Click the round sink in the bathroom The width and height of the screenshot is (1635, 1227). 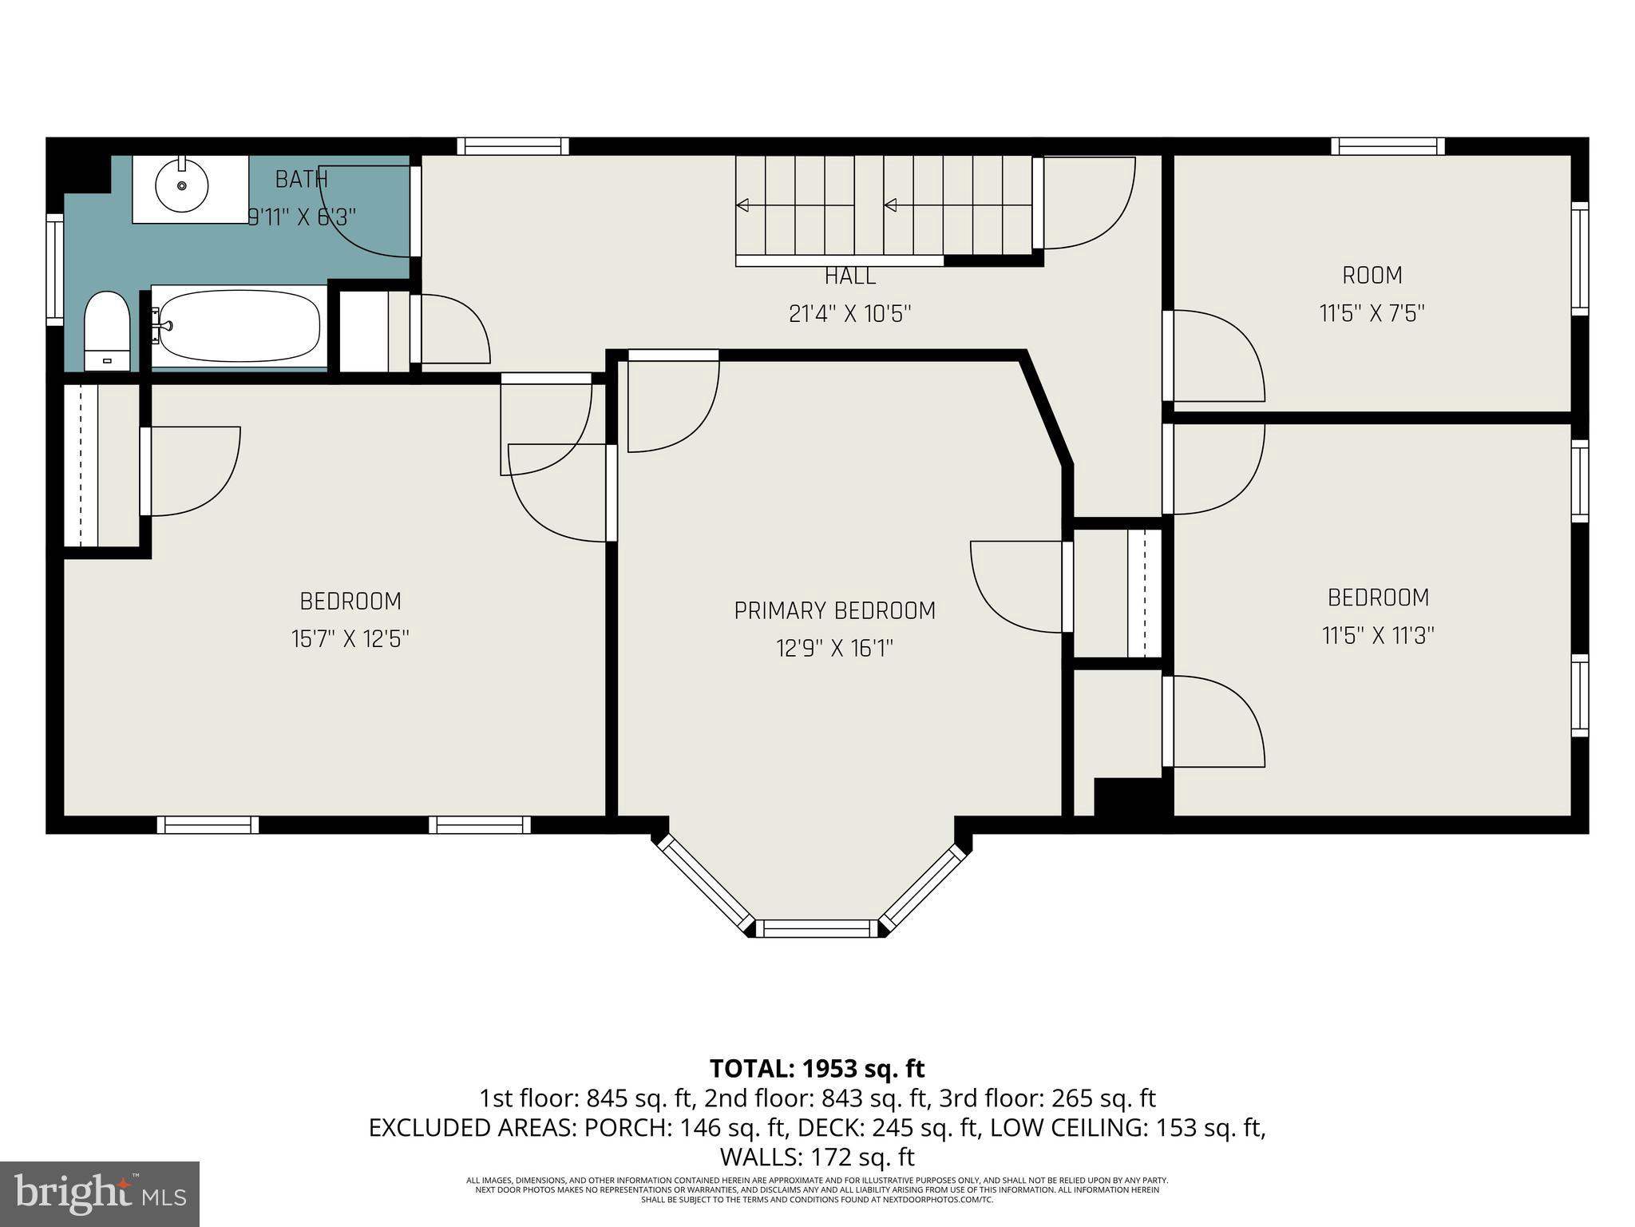pos(182,186)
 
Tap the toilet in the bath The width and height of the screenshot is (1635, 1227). pos(107,331)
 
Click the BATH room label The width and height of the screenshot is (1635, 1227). pos(301,180)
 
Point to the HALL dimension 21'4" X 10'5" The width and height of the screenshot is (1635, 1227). pos(849,314)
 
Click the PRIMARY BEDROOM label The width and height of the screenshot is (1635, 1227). pos(834,611)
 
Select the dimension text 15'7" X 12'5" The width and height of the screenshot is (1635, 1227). pos(350,639)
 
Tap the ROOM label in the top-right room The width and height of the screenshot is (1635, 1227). pos(1372,276)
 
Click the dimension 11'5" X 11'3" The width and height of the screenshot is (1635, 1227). pos(1378,636)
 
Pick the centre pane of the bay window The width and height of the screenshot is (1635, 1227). pos(815,928)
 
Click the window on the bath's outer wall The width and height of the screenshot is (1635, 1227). pos(54,269)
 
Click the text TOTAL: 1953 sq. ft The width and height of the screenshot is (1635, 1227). pos(817,1068)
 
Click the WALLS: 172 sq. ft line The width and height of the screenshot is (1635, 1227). pos(817,1157)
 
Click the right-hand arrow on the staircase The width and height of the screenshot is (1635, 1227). pos(890,205)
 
